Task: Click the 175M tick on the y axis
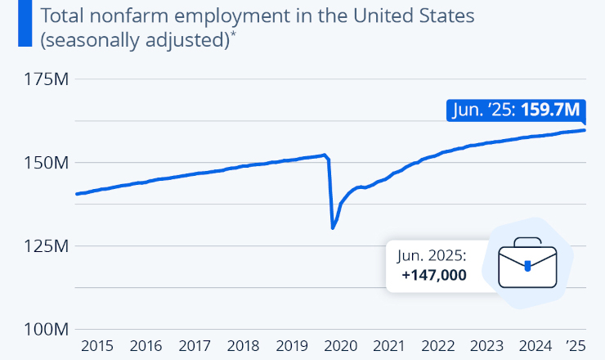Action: (x=49, y=80)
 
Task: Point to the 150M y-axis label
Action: (x=49, y=163)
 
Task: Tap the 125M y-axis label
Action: (x=49, y=246)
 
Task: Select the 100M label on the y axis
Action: (x=49, y=330)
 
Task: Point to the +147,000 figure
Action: (x=434, y=275)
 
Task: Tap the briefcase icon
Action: (x=527, y=263)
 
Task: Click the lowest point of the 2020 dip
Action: (x=333, y=227)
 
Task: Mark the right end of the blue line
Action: (x=584, y=130)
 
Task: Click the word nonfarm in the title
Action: (x=123, y=16)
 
